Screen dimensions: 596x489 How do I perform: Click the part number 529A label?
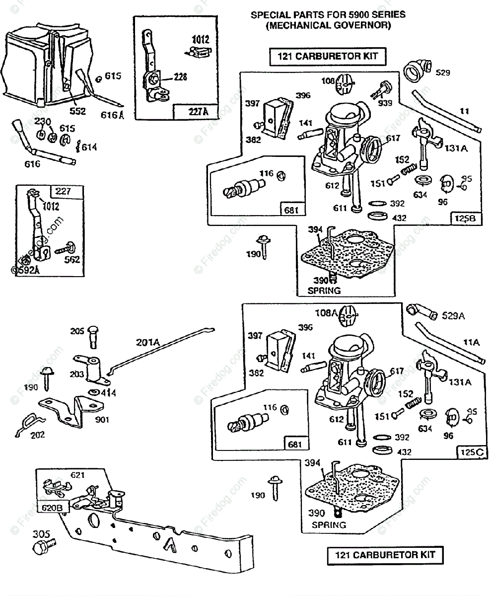tap(454, 315)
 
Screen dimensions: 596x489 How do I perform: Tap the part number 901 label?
tap(102, 420)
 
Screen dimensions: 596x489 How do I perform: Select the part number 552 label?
tap(77, 111)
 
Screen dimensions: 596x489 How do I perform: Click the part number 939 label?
tap(385, 103)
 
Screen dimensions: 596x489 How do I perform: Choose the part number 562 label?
tap(71, 259)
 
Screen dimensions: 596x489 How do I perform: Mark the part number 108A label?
tap(325, 313)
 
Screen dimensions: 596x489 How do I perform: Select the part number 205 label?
tap(77, 332)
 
